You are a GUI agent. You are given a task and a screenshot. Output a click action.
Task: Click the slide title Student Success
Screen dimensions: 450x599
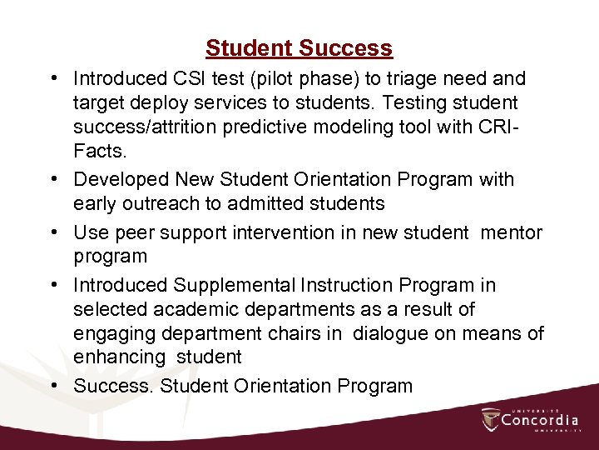click(299, 48)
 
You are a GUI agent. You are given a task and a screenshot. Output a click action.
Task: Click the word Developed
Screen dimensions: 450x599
click(122, 179)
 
